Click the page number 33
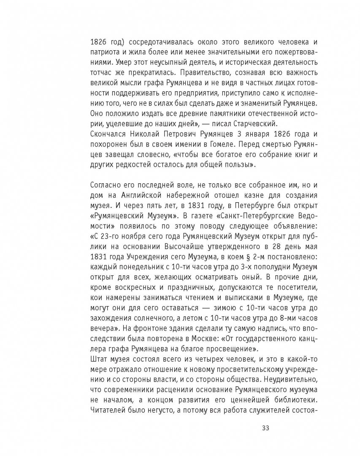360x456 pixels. pos(265,428)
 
